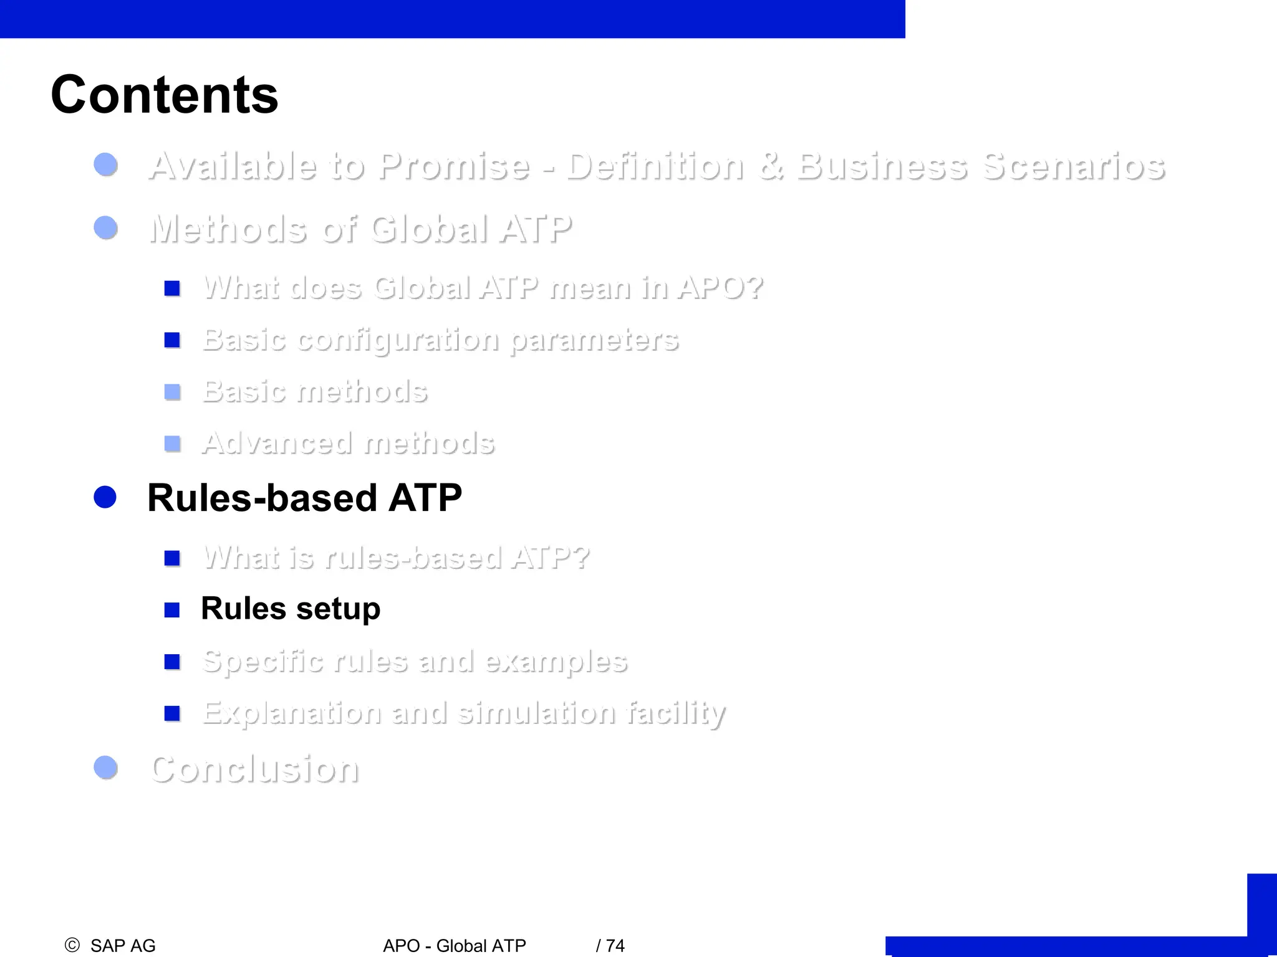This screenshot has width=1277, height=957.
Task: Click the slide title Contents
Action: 164,95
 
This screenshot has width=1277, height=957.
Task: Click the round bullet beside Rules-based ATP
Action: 105,497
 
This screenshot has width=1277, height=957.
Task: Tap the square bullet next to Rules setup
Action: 172,609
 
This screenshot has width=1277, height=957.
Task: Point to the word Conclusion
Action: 255,769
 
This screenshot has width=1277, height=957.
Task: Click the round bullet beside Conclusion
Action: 105,768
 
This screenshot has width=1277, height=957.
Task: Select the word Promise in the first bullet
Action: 454,166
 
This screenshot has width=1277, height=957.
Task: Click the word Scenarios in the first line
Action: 1073,166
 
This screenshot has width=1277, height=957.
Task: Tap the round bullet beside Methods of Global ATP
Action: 105,227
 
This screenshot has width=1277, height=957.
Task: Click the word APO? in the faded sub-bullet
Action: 720,288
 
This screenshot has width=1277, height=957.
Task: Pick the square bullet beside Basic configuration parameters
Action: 172,340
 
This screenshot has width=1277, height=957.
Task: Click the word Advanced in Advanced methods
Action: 277,444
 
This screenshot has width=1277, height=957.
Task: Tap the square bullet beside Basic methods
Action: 172,392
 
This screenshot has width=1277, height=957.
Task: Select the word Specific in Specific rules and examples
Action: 263,662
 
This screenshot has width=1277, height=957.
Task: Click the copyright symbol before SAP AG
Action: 72,945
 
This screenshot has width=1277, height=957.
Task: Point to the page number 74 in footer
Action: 615,946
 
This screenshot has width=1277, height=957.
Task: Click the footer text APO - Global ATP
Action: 455,946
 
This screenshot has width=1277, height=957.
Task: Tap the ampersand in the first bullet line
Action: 771,166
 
